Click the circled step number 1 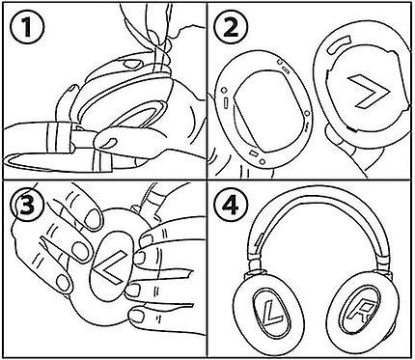pyautogui.click(x=26, y=27)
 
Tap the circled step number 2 pyautogui.click(x=231, y=27)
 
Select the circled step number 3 pyautogui.click(x=26, y=204)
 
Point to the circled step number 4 pyautogui.click(x=232, y=205)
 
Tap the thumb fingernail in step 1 pyautogui.click(x=109, y=143)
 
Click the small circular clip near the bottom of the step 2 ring pyautogui.click(x=263, y=161)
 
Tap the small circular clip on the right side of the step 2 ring pyautogui.click(x=308, y=114)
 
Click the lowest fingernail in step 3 pyautogui.click(x=139, y=315)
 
